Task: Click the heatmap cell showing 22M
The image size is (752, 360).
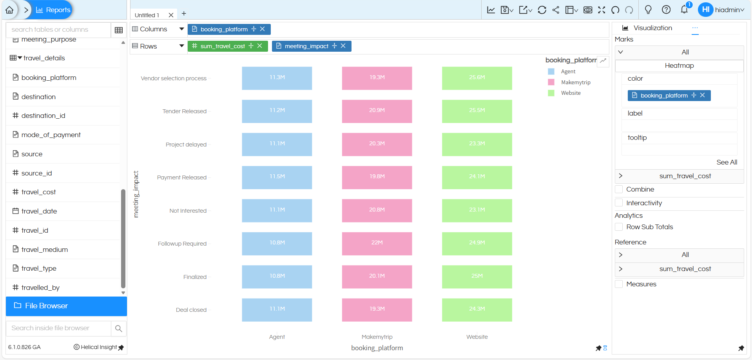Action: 377,243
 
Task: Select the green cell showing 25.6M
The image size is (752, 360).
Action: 477,78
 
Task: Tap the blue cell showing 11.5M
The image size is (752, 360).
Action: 277,177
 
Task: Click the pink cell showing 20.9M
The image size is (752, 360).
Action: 377,111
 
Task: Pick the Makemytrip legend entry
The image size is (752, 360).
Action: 575,82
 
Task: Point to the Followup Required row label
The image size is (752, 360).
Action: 182,244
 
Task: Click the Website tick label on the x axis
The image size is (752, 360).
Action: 477,337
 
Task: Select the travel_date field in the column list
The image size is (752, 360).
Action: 39,211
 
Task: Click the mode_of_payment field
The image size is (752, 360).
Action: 51,135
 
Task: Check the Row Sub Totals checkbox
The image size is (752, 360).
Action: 619,227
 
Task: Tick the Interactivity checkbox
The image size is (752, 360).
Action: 619,203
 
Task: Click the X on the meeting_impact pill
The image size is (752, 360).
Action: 343,46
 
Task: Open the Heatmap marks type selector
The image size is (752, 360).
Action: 679,66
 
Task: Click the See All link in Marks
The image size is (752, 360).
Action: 727,162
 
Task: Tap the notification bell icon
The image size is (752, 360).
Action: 684,9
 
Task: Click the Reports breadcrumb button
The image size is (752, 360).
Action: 53,10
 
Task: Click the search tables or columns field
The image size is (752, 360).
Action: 59,30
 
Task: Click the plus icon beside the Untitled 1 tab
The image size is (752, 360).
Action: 184,14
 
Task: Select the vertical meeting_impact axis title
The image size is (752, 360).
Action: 136,194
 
